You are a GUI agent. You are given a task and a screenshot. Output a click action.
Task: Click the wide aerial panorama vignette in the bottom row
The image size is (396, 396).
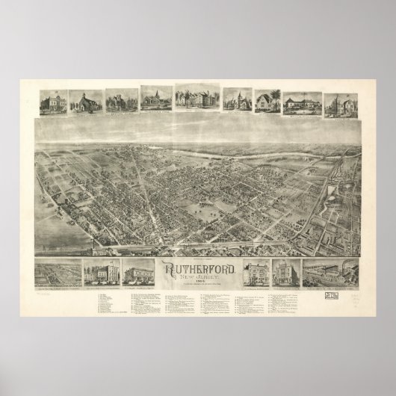(x=58, y=273)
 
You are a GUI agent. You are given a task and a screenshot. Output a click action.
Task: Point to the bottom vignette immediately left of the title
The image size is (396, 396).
(x=140, y=273)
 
